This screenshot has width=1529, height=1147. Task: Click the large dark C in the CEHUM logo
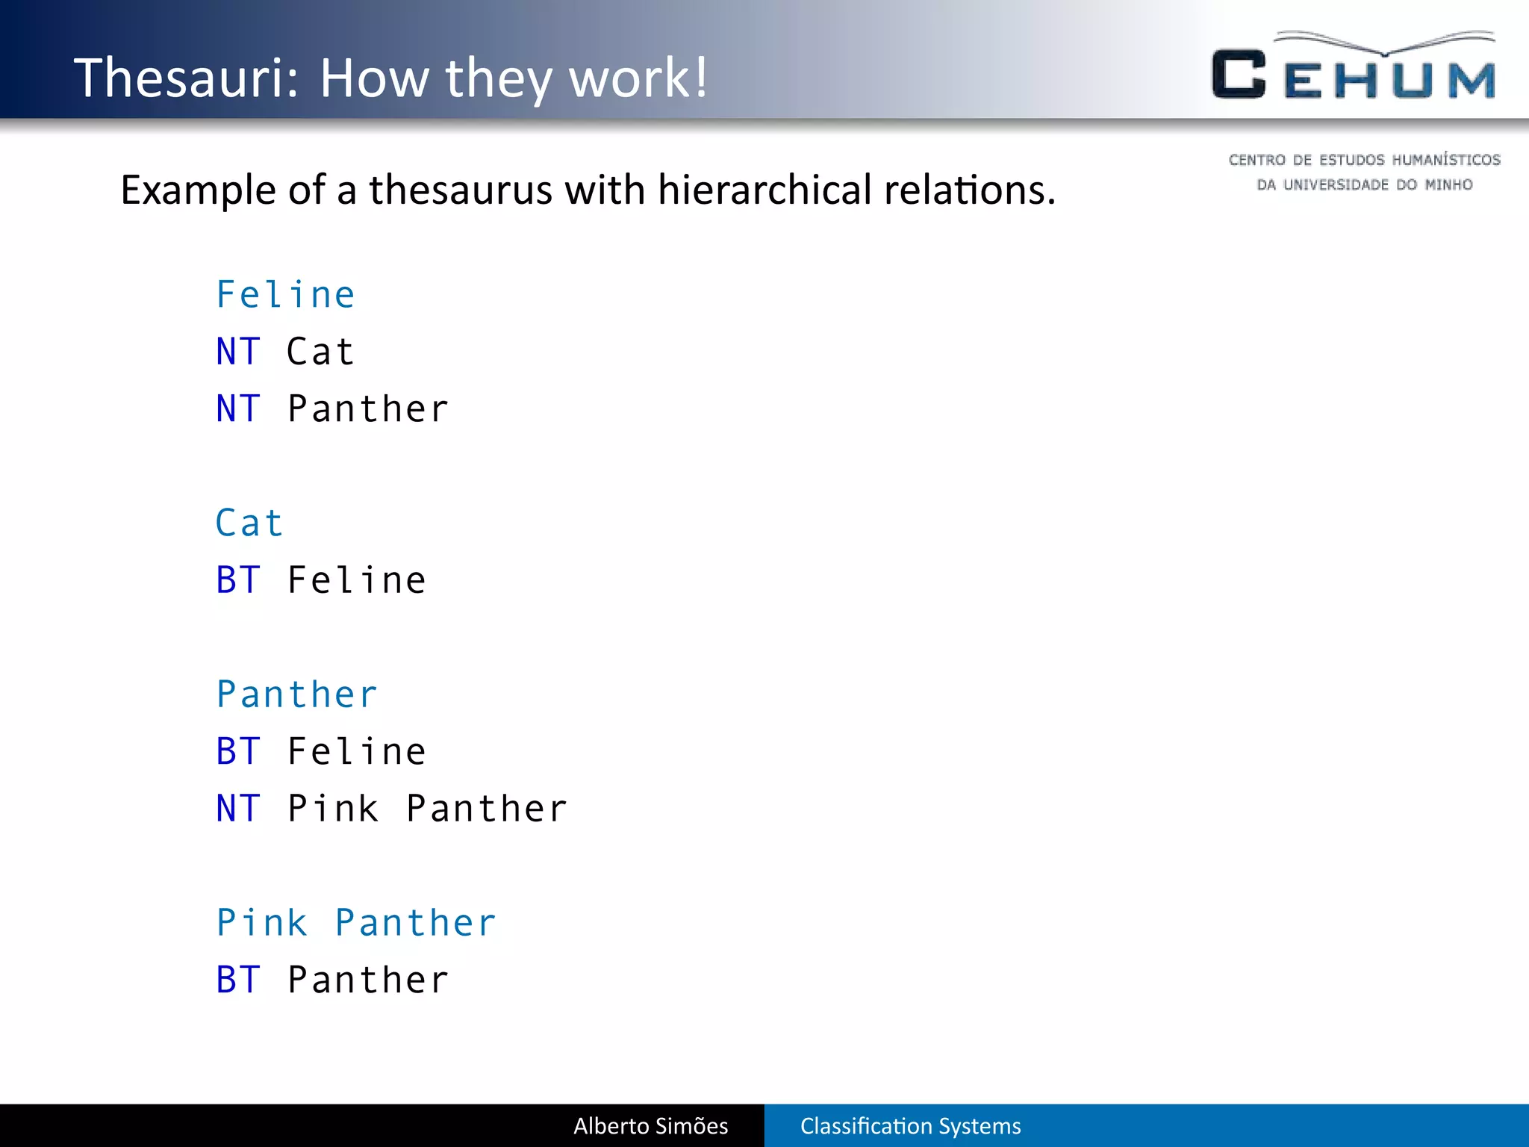point(1239,75)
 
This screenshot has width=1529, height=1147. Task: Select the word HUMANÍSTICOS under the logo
point(1445,160)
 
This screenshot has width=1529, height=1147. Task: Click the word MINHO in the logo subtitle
point(1448,184)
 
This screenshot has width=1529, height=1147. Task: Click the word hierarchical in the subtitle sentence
point(764,190)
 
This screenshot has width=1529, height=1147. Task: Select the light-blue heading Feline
point(285,294)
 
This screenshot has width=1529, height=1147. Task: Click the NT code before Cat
point(238,352)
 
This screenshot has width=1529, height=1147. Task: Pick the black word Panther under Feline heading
point(368,408)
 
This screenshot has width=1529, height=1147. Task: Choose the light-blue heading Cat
point(249,523)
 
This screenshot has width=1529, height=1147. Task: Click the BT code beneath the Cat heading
point(238,580)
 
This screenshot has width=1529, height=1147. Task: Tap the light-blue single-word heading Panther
point(297,694)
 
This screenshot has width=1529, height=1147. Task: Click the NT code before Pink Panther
point(238,809)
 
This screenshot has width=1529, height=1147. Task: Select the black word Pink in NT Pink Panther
point(333,809)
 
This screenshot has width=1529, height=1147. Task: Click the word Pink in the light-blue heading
point(262,923)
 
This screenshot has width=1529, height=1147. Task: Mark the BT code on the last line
point(238,980)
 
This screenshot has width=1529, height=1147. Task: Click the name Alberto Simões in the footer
point(650,1125)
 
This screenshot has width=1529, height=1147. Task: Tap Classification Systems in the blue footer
point(910,1125)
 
